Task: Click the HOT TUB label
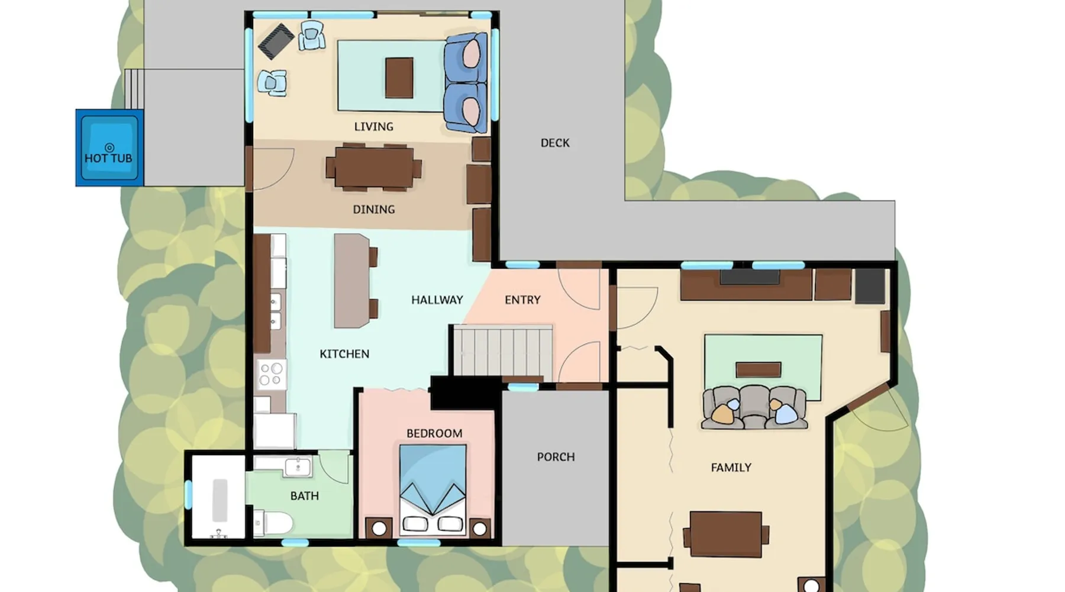click(x=108, y=158)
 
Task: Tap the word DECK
click(x=555, y=143)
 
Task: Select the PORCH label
click(x=556, y=457)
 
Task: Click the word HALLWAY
click(x=437, y=300)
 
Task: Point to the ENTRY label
click(x=522, y=300)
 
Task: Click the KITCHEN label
click(x=344, y=354)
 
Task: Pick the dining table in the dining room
click(x=374, y=168)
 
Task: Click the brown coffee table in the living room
click(x=399, y=78)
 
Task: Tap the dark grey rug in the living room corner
click(x=276, y=41)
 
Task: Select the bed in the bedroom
click(x=433, y=489)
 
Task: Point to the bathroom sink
click(x=298, y=467)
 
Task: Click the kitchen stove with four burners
click(x=272, y=374)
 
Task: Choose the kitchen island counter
click(x=352, y=281)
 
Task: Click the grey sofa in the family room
click(x=754, y=407)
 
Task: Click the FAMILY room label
click(x=731, y=468)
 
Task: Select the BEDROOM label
click(x=434, y=433)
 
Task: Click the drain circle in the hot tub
click(x=109, y=147)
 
